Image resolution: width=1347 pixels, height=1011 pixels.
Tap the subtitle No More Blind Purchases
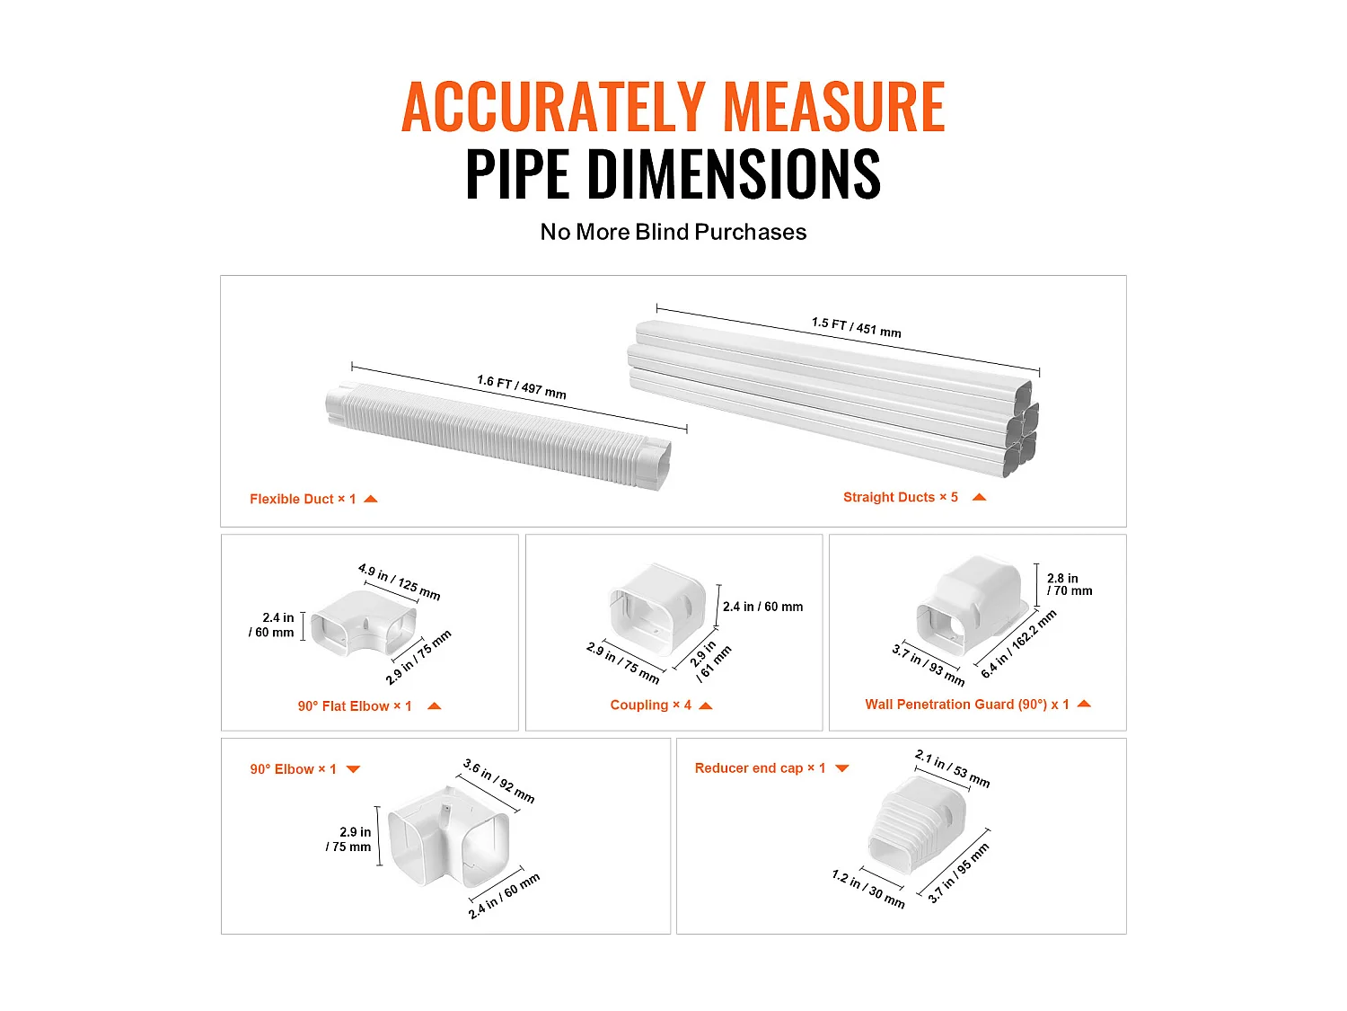click(673, 232)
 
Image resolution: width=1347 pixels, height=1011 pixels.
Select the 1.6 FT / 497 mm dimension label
click(522, 387)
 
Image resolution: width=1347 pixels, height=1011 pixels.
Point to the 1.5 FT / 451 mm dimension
click(856, 327)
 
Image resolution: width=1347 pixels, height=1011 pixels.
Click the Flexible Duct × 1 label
click(303, 499)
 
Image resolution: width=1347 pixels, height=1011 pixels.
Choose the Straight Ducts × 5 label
click(900, 497)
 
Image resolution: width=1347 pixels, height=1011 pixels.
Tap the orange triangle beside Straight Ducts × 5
click(979, 497)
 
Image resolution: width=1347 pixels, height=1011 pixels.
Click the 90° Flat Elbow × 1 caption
click(355, 706)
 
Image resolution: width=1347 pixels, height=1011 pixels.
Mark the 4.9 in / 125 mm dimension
click(399, 581)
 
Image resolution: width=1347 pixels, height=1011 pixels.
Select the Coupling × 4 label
click(650, 705)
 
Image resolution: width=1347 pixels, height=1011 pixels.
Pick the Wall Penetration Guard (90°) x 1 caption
click(967, 705)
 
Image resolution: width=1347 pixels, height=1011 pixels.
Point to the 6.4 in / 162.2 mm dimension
click(1018, 643)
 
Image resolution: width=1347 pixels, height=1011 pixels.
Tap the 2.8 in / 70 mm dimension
click(1069, 584)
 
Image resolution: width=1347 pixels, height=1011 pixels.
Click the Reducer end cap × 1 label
click(760, 768)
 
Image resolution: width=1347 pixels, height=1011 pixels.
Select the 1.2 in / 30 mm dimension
click(867, 888)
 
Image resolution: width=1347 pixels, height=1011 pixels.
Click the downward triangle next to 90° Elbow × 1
click(353, 769)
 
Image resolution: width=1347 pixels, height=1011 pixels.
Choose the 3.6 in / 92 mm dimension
click(498, 780)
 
